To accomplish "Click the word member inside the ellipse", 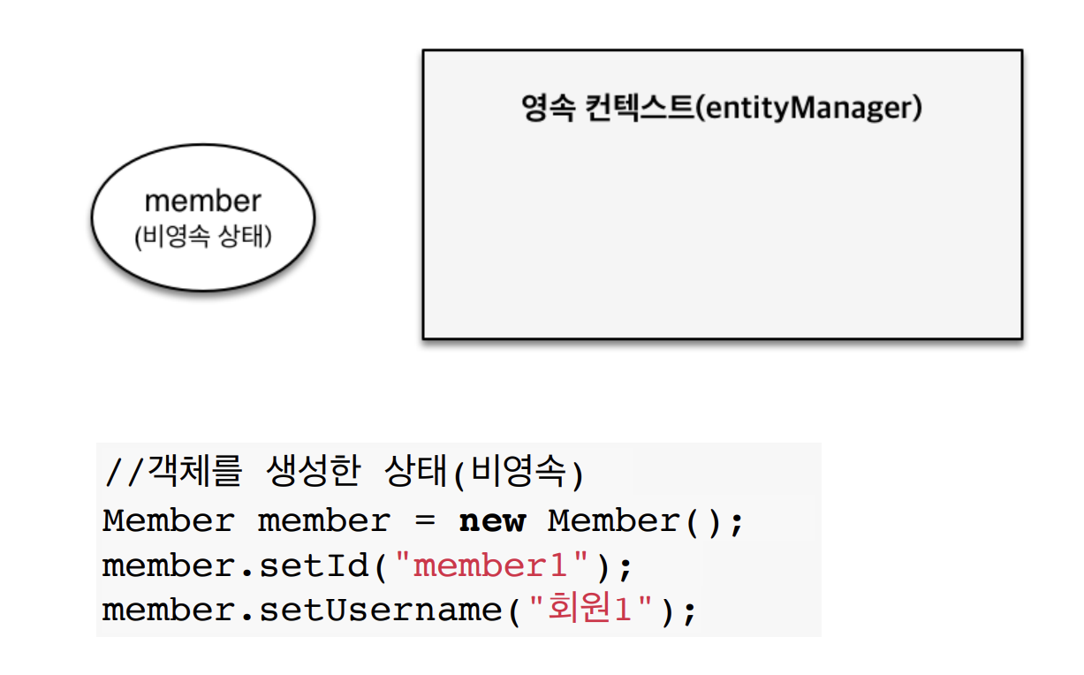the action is pyautogui.click(x=202, y=201).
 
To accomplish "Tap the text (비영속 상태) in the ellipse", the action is pyautogui.click(x=202, y=238).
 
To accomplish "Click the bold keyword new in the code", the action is pyautogui.click(x=492, y=521).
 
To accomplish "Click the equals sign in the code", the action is pyautogui.click(x=425, y=521).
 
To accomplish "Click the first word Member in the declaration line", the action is pyautogui.click(x=168, y=521).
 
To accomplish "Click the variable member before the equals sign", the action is pyautogui.click(x=323, y=521).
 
